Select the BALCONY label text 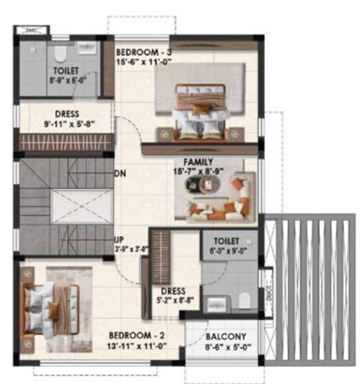tap(226, 336)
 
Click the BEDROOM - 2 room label tap(136, 336)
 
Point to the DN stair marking tap(120, 173)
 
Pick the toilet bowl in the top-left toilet tap(60, 55)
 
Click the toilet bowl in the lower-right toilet tap(245, 300)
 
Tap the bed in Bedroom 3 tap(200, 110)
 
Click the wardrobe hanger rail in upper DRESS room tap(66, 142)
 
